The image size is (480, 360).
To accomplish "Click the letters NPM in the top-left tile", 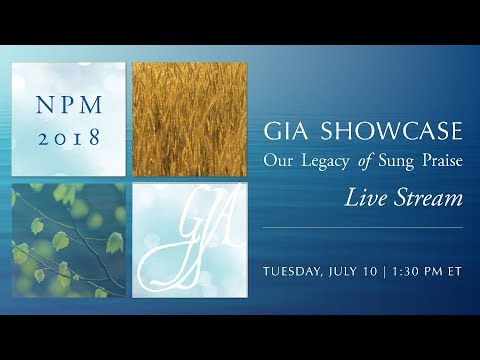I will (x=68, y=103).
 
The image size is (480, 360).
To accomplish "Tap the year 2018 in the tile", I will (x=68, y=137).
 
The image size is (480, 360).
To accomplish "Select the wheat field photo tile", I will (x=189, y=119).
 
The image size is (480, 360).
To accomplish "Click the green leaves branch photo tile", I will (x=68, y=241).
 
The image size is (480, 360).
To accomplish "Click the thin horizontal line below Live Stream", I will (x=362, y=227).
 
